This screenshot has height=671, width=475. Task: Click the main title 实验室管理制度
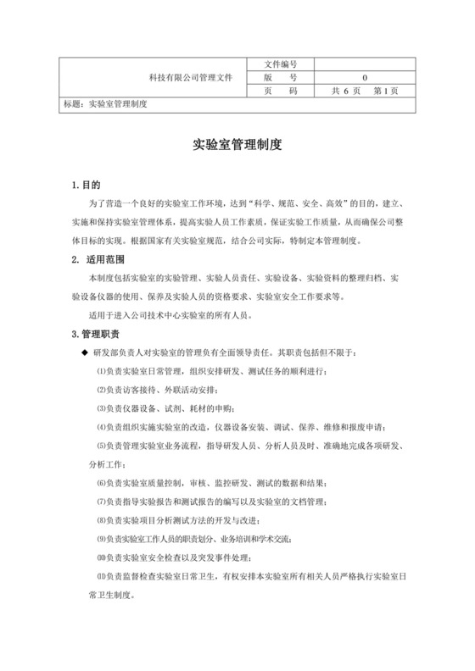point(237,145)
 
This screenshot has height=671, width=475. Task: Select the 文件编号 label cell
point(281,64)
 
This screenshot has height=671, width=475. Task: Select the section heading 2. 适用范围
point(99,259)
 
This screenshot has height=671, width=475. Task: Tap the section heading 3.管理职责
point(96,334)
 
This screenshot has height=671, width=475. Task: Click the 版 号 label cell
point(281,76)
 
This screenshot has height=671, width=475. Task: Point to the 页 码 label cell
point(281,90)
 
